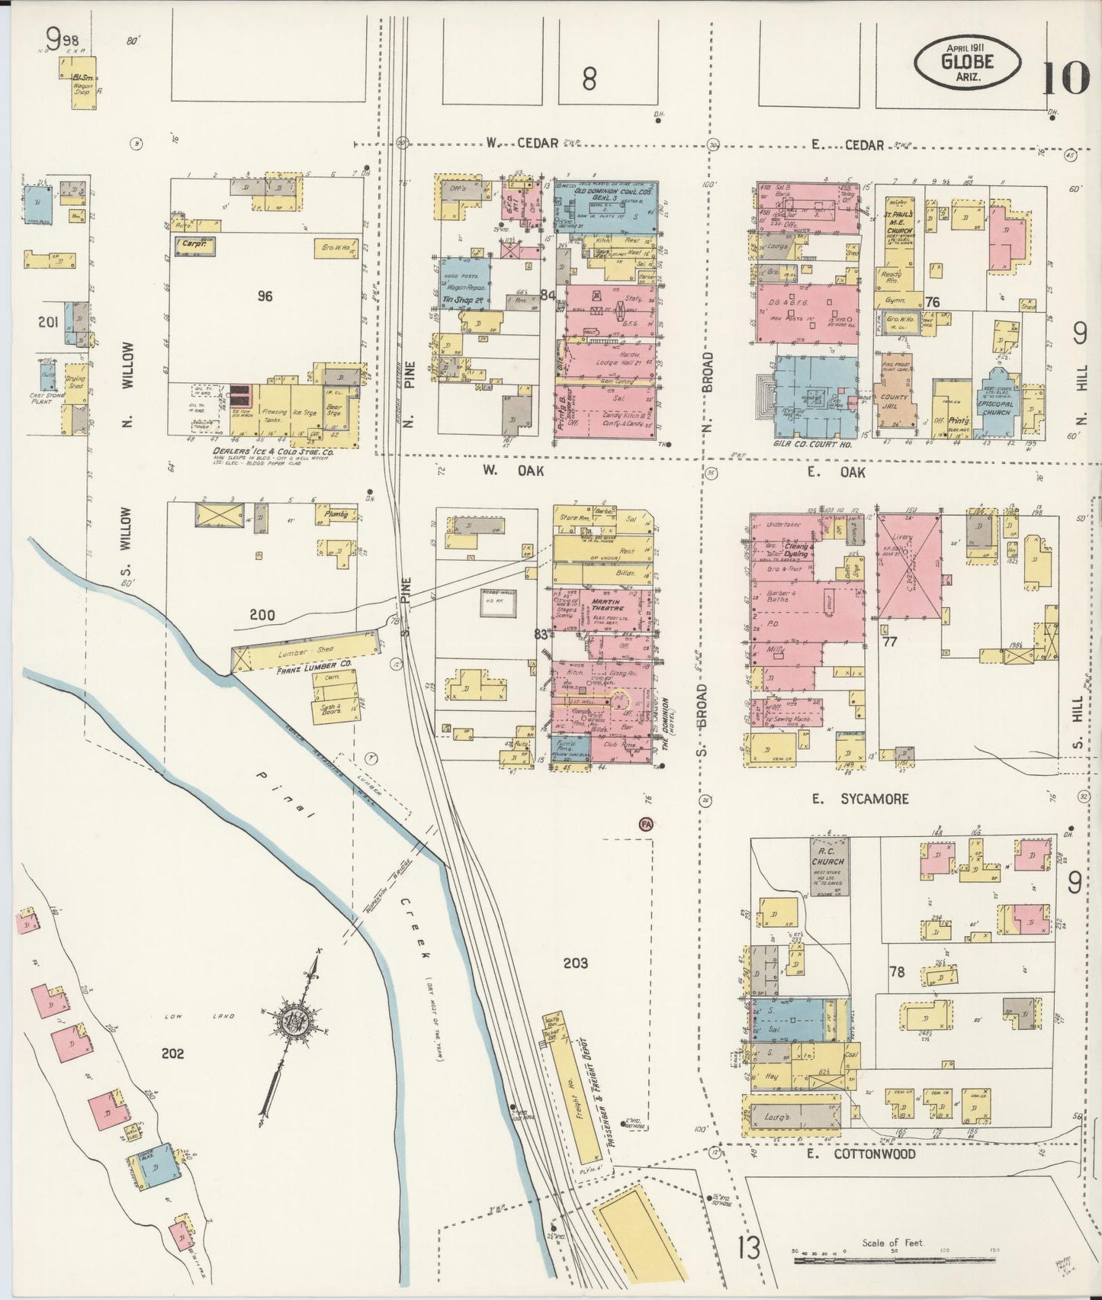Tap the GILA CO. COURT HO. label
pyautogui.click(x=815, y=443)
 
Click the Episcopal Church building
pyautogui.click(x=996, y=403)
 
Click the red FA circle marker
pyautogui.click(x=647, y=825)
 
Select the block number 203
pyautogui.click(x=575, y=963)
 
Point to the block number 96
pyautogui.click(x=265, y=296)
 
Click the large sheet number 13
pyautogui.click(x=749, y=1250)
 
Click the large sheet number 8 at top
pyautogui.click(x=588, y=79)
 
